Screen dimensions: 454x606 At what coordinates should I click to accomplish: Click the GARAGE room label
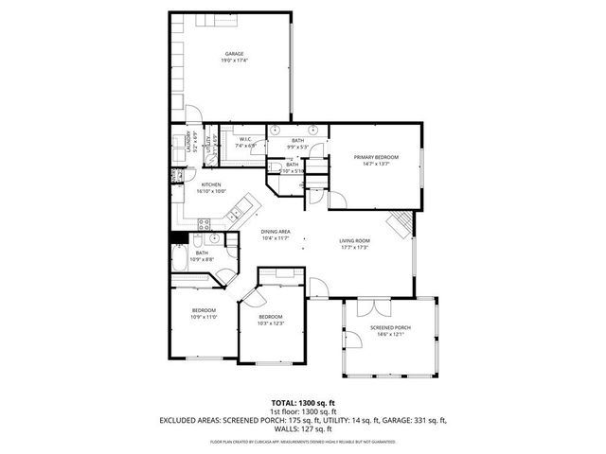[x=234, y=53]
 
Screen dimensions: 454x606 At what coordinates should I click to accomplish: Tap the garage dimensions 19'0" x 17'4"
[x=234, y=61]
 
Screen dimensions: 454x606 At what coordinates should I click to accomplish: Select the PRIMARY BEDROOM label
[x=375, y=156]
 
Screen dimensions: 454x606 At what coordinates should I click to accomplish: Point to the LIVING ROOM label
[x=355, y=240]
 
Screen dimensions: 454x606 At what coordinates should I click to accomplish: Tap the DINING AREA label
[x=276, y=231]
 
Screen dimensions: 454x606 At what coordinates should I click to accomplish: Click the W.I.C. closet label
[x=244, y=139]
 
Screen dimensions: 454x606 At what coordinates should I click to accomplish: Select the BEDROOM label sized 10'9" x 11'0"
[x=204, y=310]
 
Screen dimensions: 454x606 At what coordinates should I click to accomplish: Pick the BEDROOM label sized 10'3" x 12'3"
[x=271, y=316]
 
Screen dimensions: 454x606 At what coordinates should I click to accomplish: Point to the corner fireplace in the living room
[x=401, y=223]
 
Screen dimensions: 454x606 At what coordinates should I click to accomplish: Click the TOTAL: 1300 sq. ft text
[x=302, y=402]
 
